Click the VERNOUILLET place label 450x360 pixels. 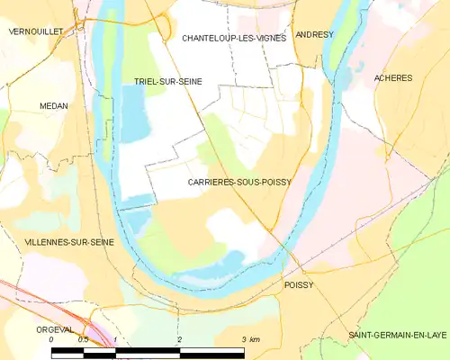[35, 31]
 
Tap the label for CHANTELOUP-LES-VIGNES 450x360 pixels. [234, 38]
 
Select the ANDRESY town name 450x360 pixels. [314, 34]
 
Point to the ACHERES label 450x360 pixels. [393, 78]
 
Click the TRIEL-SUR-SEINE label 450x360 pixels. [168, 81]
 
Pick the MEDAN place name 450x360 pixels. [54, 105]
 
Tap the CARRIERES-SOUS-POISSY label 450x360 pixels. [238, 182]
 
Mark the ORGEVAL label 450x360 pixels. [56, 329]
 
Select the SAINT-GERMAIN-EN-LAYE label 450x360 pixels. [398, 335]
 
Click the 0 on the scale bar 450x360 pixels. [51, 340]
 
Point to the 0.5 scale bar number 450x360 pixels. [84, 340]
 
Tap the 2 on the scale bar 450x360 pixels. [180, 340]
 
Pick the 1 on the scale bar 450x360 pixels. [116, 340]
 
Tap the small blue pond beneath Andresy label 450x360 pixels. [344, 79]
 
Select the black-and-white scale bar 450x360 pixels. [148, 352]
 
